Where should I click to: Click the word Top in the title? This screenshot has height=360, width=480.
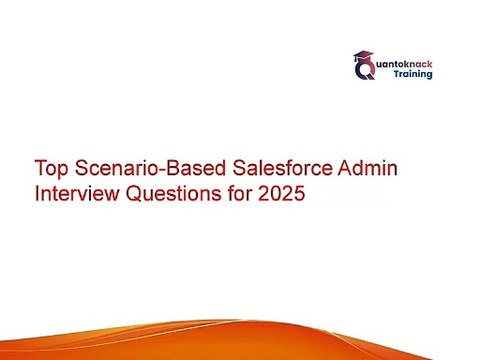click(x=51, y=169)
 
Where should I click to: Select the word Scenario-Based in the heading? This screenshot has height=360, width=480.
click(x=150, y=168)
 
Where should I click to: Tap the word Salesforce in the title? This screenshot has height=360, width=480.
click(x=282, y=167)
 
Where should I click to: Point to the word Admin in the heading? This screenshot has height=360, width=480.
click(x=368, y=167)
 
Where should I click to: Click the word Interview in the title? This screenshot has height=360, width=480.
click(x=77, y=193)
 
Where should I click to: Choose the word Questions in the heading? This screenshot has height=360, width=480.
click(x=173, y=193)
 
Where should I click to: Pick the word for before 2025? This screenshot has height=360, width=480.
click(x=240, y=193)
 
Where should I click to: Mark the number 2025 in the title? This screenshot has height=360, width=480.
click(x=282, y=193)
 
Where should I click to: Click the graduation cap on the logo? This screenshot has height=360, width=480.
click(x=364, y=57)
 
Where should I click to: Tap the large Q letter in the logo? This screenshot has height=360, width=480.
click(x=365, y=70)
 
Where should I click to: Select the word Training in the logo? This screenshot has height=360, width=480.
click(x=413, y=74)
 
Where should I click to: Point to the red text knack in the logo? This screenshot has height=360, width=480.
click(x=418, y=64)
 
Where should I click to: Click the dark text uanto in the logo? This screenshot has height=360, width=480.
click(x=390, y=64)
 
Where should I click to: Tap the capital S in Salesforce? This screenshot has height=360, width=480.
click(x=239, y=168)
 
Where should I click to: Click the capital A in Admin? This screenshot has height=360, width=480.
click(x=344, y=168)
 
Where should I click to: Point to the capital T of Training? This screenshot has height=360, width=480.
click(x=397, y=73)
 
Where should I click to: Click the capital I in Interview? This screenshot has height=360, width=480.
click(x=37, y=193)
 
